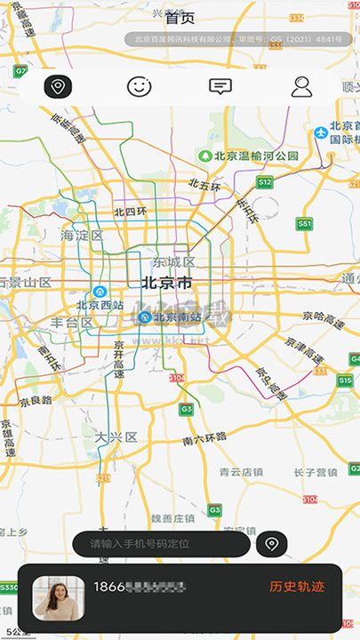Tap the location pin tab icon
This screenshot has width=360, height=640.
(58, 87)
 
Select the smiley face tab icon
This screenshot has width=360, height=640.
(139, 87)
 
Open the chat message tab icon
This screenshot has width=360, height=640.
(220, 87)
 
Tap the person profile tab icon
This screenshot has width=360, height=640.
(302, 87)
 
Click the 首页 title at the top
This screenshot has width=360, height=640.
(180, 18)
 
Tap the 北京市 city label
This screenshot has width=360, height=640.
(166, 284)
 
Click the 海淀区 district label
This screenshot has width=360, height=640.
(82, 236)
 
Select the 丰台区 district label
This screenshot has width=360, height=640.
(71, 322)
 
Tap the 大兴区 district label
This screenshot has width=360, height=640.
(116, 436)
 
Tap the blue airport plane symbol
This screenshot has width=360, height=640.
(321, 132)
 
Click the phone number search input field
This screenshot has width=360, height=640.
(161, 543)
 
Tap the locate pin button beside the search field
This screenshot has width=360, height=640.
(271, 543)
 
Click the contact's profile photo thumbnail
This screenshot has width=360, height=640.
(59, 597)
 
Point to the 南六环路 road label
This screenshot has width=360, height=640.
(204, 438)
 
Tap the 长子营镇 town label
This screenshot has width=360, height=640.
(316, 472)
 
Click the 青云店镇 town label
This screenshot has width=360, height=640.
(242, 472)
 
